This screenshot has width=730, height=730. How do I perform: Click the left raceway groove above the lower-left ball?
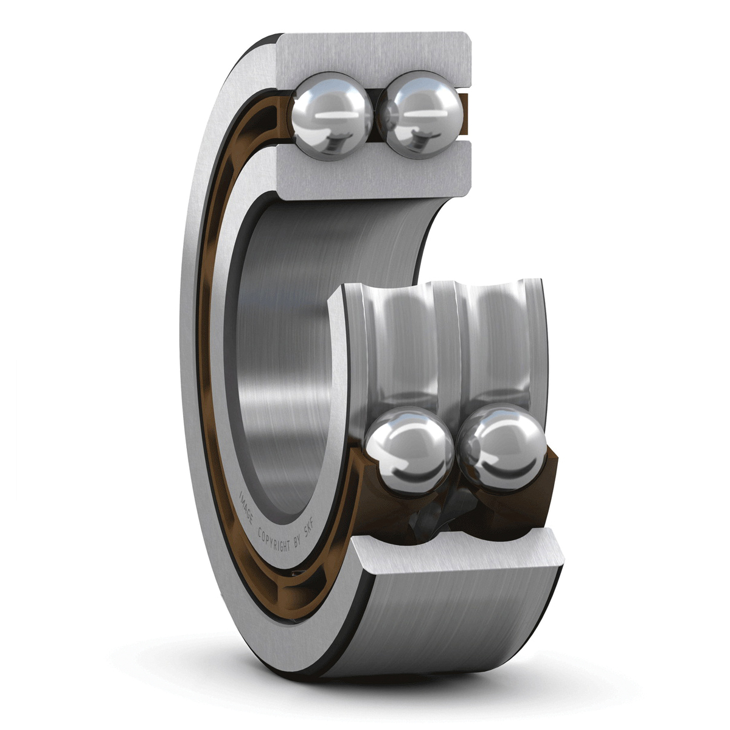pos(401,347)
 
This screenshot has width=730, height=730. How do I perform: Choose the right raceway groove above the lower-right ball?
pos(499,347)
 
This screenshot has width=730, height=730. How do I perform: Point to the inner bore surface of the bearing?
pos(286,365)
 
